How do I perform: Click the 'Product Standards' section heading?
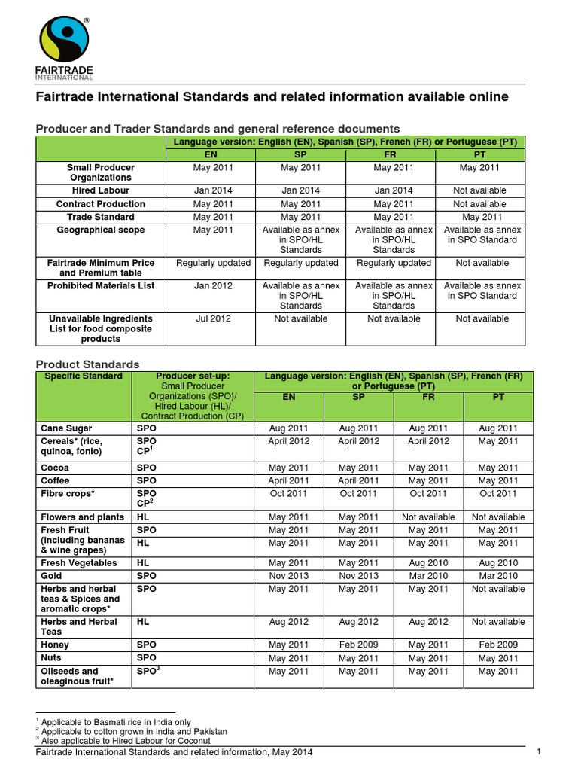click(88, 364)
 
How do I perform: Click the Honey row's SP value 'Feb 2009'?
click(358, 645)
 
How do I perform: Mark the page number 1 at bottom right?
click(540, 751)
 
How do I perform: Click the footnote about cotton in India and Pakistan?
click(133, 731)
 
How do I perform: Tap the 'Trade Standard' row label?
click(100, 217)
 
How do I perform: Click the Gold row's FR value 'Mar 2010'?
click(427, 575)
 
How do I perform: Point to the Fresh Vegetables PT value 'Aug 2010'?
click(497, 562)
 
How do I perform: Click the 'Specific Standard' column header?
click(84, 376)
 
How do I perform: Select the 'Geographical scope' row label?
click(100, 230)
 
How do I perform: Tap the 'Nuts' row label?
click(53, 658)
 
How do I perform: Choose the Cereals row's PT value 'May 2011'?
click(497, 441)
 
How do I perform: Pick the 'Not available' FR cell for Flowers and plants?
click(427, 517)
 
